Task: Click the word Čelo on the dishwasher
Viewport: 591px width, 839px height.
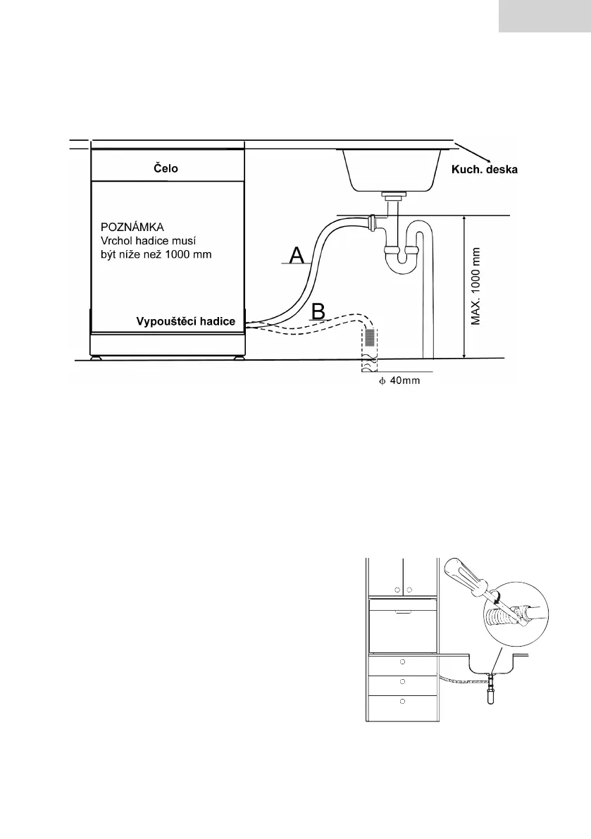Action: (x=166, y=168)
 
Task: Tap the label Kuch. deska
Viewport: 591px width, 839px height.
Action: (x=483, y=170)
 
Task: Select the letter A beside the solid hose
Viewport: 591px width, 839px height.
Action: (x=297, y=255)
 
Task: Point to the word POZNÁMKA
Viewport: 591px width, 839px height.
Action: (x=132, y=228)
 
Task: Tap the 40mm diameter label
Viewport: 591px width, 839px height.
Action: (x=402, y=383)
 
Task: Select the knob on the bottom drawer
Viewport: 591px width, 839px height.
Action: (x=402, y=702)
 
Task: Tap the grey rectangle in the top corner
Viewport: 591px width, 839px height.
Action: (x=545, y=16)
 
